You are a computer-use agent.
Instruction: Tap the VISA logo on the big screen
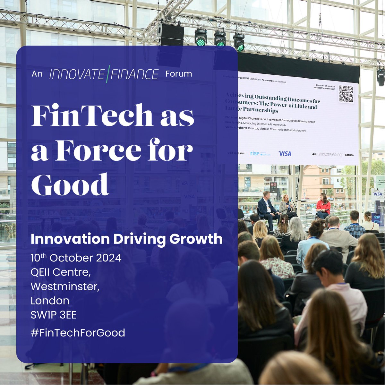pyautogui.click(x=285, y=154)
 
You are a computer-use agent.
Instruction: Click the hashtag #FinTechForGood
pyautogui.click(x=78, y=333)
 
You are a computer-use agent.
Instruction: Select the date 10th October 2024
pyautogui.click(x=76, y=258)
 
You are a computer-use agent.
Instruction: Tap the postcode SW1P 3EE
pyautogui.click(x=54, y=315)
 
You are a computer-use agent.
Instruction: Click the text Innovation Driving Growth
pyautogui.click(x=126, y=239)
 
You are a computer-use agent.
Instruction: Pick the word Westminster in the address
pyautogui.click(x=65, y=287)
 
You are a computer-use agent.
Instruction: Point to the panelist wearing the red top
pyautogui.click(x=323, y=205)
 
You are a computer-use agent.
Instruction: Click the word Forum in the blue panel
pyautogui.click(x=179, y=74)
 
